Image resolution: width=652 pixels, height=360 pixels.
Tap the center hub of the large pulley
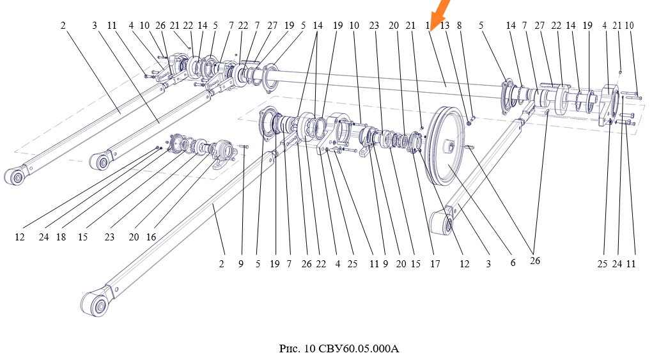450,146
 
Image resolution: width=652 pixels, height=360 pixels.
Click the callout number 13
444,26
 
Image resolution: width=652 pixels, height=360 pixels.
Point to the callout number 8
460,26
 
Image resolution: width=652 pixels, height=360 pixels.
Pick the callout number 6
513,262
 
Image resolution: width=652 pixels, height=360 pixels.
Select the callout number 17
435,264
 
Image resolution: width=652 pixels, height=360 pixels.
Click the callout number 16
151,237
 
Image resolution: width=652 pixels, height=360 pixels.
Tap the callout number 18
61,237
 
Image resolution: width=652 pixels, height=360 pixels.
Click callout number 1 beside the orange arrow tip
428,26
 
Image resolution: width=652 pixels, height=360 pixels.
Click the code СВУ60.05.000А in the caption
359,348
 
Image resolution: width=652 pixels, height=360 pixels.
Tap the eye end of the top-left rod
15,176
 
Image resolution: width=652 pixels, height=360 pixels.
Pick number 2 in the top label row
63,26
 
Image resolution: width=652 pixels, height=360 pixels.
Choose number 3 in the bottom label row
488,264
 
